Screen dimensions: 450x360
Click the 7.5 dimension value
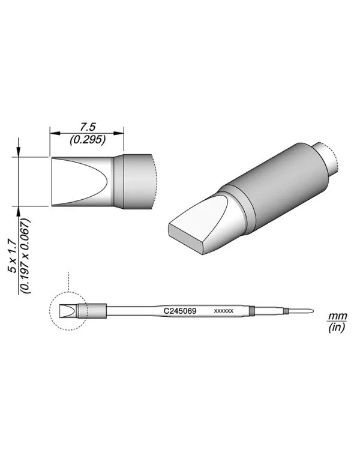(88, 127)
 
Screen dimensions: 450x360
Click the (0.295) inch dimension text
(88, 139)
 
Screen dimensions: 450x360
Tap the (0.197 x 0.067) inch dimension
(25, 255)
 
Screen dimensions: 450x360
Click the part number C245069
(181, 311)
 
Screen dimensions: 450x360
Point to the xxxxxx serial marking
(223, 311)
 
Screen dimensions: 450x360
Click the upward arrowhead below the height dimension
(19, 211)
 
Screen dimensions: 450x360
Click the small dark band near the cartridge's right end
(252, 311)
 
